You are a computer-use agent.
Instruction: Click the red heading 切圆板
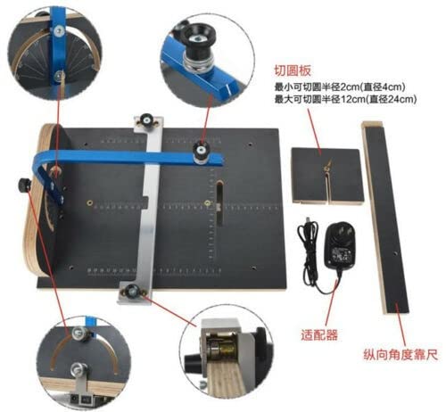coord(293,70)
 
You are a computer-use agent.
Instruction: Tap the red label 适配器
coord(319,335)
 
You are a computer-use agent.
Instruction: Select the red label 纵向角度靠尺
coord(401,355)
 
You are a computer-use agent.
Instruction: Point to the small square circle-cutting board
coord(327,176)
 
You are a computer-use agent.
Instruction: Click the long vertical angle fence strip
coord(385,217)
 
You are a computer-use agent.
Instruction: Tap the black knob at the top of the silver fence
coord(146,119)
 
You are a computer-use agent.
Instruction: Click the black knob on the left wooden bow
coord(24,185)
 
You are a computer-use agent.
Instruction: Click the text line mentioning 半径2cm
coord(340,87)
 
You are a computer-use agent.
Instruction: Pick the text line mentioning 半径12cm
coord(345,99)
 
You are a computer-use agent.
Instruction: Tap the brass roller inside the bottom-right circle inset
coord(222,347)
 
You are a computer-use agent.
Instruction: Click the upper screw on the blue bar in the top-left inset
coord(60,30)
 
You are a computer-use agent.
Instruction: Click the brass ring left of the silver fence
coord(89,203)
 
